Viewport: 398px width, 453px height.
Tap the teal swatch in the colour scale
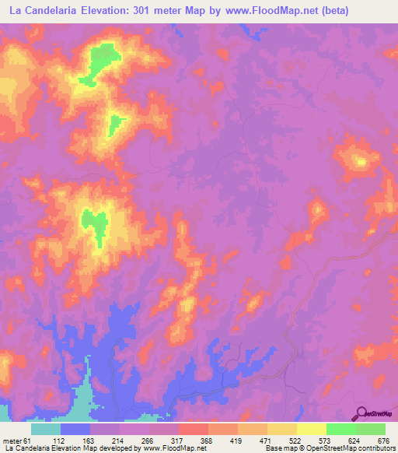46,429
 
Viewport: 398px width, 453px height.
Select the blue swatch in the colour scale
75,429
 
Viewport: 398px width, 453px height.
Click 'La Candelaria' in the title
44,11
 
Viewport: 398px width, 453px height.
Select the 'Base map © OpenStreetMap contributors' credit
330,448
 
